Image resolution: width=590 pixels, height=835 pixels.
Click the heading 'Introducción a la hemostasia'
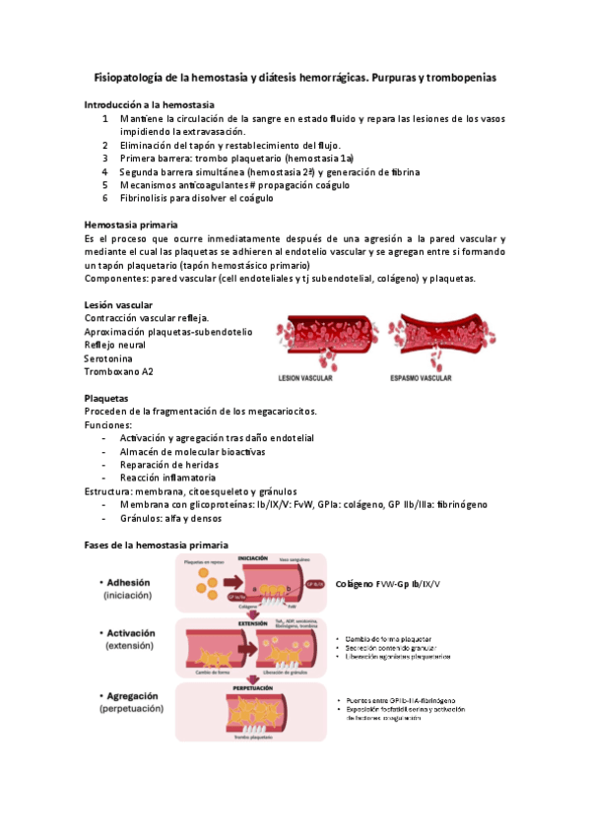[151, 104]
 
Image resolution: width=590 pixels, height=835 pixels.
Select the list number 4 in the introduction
[105, 171]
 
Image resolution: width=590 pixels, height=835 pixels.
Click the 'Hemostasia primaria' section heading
[131, 225]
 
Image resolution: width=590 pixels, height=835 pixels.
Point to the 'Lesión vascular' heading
[118, 305]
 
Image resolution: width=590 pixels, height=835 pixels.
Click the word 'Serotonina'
[112, 358]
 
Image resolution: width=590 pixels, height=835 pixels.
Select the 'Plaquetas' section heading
[106, 398]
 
